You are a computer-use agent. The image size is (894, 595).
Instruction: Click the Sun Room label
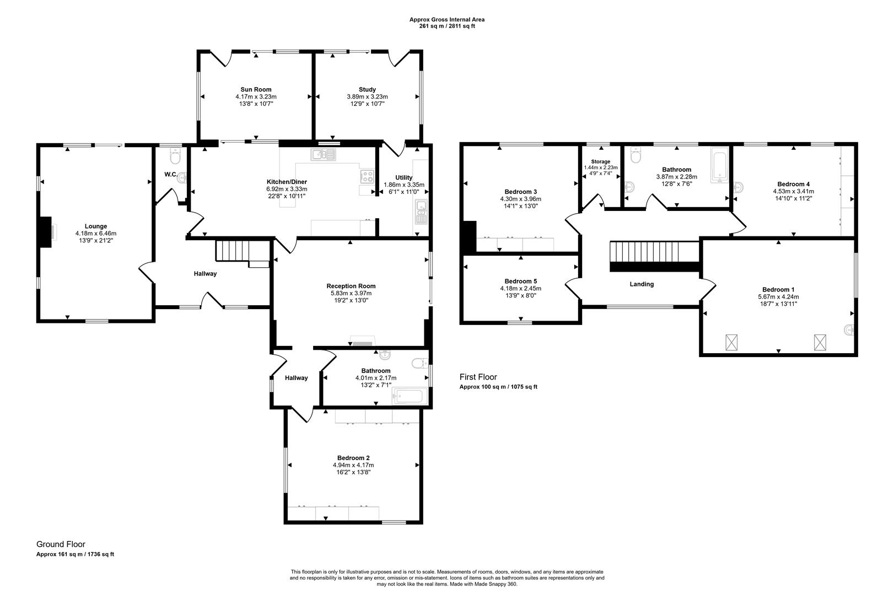point(256,89)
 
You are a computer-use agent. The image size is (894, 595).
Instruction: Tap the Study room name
point(367,89)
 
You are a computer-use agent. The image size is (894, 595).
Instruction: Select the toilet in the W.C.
point(175,158)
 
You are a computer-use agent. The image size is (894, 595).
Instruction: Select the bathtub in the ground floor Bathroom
point(408,396)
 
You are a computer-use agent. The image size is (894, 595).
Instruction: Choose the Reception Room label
point(351,286)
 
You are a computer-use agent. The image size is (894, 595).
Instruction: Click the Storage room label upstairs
point(601,161)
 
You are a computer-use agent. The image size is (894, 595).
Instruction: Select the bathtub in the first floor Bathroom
point(719,164)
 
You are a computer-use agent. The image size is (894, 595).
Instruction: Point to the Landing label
point(642,284)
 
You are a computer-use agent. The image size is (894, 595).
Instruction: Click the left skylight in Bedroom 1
point(731,343)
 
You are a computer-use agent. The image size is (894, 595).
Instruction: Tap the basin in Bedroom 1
point(849,330)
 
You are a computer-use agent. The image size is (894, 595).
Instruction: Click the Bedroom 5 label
point(520,281)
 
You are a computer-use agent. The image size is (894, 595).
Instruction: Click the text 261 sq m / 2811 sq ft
point(447,26)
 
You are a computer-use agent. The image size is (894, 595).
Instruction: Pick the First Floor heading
point(478,377)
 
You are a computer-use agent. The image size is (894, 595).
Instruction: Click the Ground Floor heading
point(61,544)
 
